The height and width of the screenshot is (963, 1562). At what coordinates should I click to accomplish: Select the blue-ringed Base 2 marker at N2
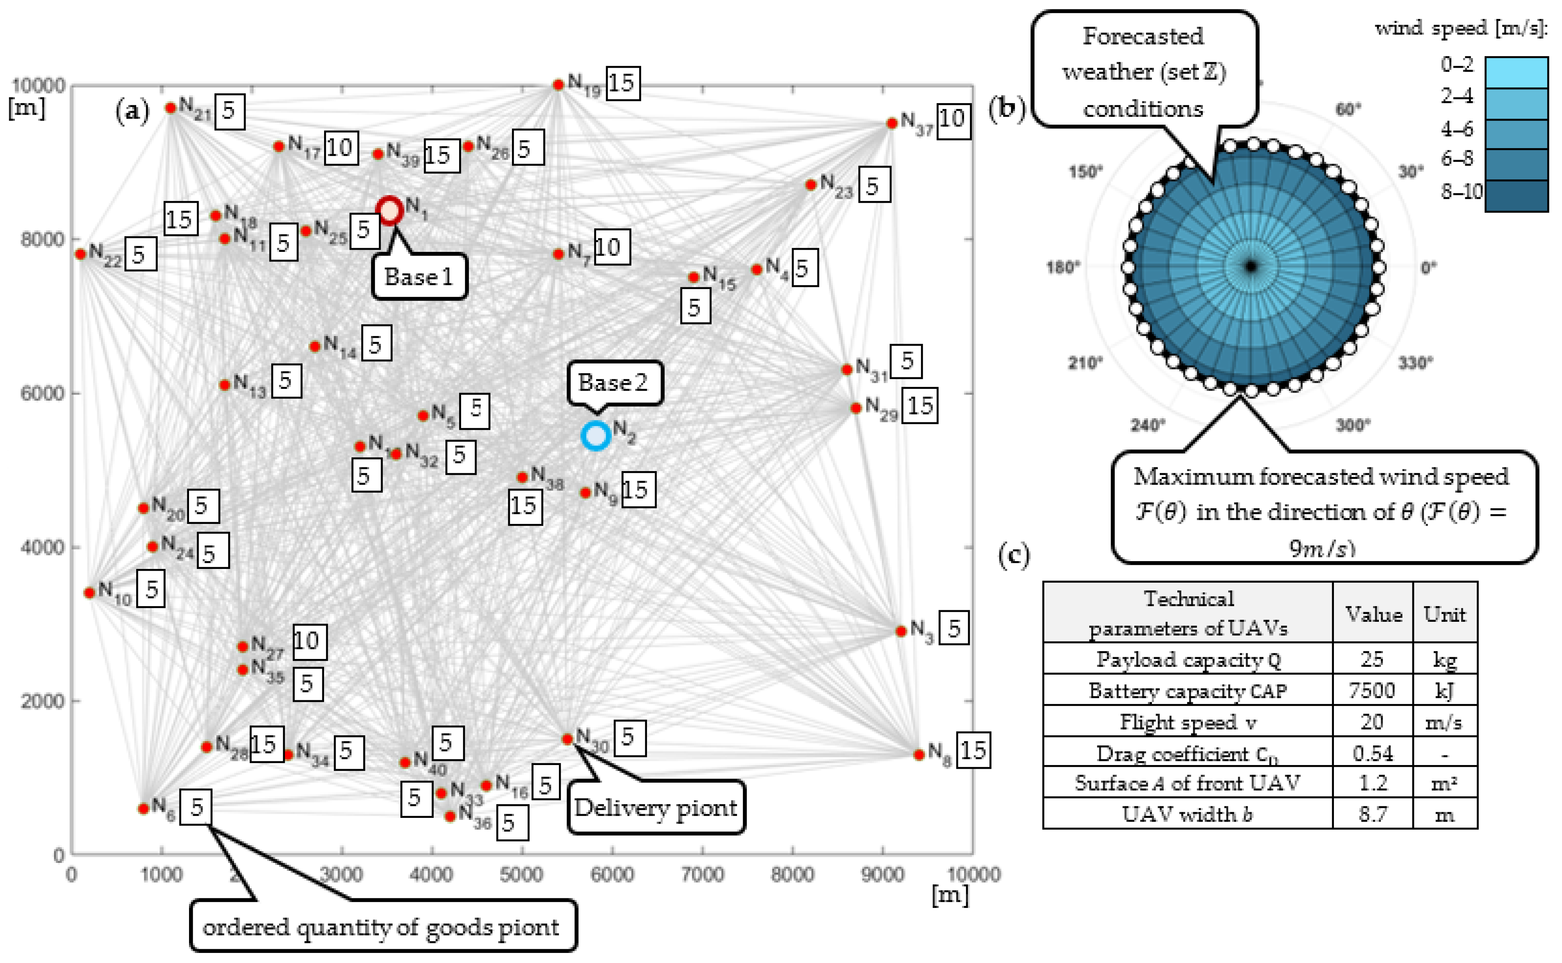point(596,436)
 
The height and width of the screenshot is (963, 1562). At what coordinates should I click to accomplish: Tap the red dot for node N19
point(558,85)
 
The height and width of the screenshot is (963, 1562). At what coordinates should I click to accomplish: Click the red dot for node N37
point(892,123)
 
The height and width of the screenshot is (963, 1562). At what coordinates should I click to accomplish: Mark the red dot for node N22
point(80,254)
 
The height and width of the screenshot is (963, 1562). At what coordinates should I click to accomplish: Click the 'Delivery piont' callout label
point(656,807)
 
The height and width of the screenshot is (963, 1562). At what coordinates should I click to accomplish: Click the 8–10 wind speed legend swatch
point(1516,195)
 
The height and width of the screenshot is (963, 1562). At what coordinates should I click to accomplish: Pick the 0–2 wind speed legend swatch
point(1516,72)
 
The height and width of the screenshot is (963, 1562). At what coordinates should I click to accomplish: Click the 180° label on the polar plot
point(1063,267)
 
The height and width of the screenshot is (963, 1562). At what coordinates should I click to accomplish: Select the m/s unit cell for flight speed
point(1444,722)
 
